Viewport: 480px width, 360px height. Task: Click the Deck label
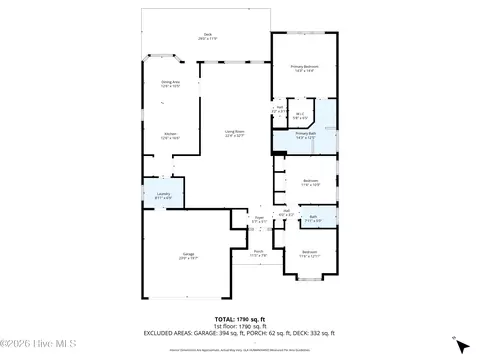pos(207,36)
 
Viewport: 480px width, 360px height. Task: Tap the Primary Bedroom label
pos(305,68)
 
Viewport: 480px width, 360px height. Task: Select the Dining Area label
pos(171,84)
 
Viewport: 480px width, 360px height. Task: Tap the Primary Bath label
pos(305,135)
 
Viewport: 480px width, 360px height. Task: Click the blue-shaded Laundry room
pos(163,196)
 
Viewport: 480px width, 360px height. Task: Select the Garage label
pos(188,256)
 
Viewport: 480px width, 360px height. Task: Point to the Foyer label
pos(258,219)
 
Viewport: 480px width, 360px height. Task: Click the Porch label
pos(258,253)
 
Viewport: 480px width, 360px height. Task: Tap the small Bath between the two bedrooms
pos(313,218)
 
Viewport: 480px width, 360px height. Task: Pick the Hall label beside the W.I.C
pos(282,109)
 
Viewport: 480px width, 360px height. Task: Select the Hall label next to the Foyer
pos(285,213)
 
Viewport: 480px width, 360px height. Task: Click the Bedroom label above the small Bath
pos(311,183)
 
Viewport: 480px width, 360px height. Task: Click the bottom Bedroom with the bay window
pos(310,254)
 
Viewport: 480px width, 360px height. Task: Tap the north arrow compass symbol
pos(460,343)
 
